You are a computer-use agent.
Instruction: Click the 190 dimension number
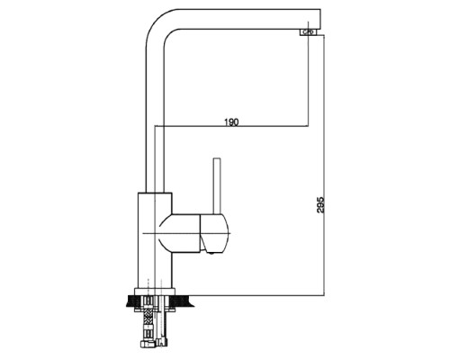point(231,122)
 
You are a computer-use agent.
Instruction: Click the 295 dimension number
point(320,205)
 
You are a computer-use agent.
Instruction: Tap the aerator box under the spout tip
point(308,32)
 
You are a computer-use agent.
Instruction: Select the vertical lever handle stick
point(217,186)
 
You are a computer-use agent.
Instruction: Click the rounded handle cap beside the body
point(214,233)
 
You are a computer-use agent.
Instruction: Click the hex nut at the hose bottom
point(147,344)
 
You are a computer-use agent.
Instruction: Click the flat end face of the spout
point(320,20)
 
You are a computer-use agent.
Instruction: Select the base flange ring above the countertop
point(155,292)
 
